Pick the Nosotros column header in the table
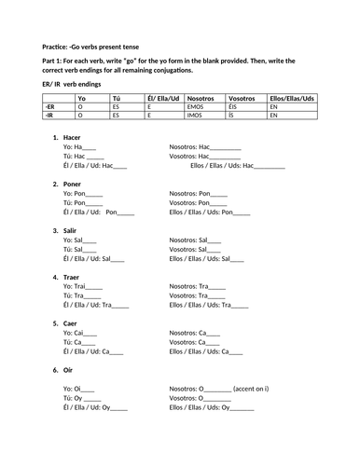point(201,98)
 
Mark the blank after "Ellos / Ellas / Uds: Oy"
point(242,408)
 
